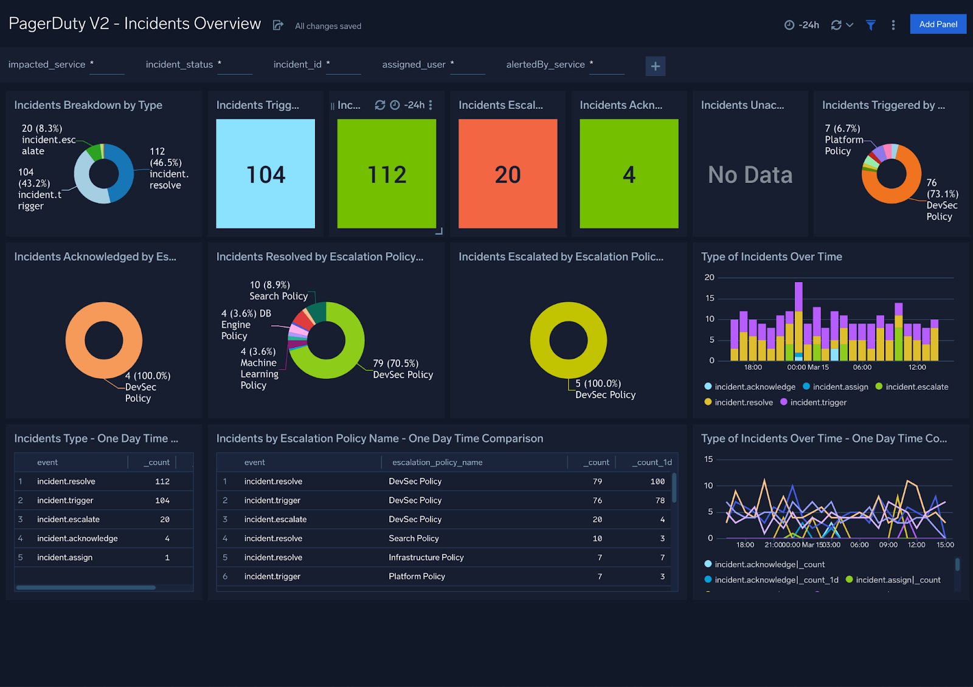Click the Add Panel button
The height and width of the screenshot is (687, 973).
click(938, 24)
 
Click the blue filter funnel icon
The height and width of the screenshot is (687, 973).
click(870, 25)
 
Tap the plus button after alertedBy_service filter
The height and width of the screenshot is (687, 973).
click(655, 66)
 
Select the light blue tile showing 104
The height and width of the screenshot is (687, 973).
click(266, 174)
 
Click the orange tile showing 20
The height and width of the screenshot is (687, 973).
click(508, 174)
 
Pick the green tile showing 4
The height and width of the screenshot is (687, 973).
click(629, 174)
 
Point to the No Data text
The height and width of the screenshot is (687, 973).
click(750, 175)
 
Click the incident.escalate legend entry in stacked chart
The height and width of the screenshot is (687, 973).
click(916, 387)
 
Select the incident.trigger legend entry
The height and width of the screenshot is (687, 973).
click(818, 402)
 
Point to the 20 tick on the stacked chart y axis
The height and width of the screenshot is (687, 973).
click(709, 277)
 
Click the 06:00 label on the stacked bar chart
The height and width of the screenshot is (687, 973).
click(862, 367)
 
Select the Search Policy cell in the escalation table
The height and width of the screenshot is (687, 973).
click(414, 539)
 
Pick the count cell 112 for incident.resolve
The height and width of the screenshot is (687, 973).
click(162, 482)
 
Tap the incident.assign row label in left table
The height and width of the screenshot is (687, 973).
click(64, 558)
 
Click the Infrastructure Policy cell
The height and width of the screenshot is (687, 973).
click(426, 558)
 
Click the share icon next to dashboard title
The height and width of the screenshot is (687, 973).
click(278, 25)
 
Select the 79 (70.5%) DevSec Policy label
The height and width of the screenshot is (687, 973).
click(403, 369)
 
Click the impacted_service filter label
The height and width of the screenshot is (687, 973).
click(47, 64)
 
